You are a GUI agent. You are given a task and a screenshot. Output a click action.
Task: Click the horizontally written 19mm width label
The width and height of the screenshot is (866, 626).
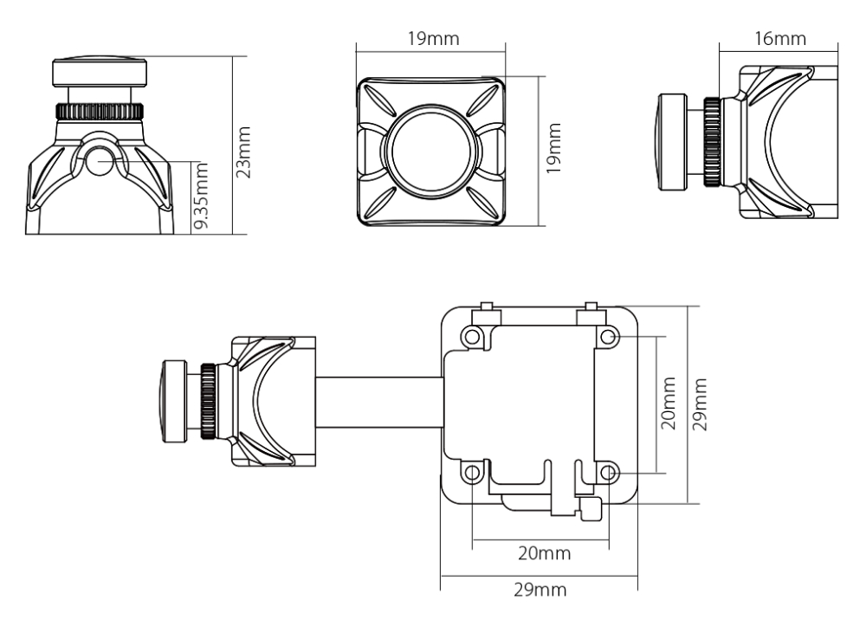pos(431,39)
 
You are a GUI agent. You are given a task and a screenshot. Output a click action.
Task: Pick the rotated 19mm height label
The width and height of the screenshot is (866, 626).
pos(554,150)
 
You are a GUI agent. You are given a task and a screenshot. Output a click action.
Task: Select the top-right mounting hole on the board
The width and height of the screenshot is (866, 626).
pos(608,336)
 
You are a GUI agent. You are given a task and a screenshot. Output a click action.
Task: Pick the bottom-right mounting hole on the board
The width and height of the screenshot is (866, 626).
pos(608,473)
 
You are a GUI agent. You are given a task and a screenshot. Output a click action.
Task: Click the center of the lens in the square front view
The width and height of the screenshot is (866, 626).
pos(431,150)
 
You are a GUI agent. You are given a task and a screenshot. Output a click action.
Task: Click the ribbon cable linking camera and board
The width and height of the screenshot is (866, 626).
pos(380,403)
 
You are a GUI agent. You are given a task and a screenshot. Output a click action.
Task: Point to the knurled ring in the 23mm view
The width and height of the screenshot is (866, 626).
pos(99,111)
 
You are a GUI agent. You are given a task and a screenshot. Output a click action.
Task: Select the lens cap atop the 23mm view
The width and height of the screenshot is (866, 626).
pos(99,70)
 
